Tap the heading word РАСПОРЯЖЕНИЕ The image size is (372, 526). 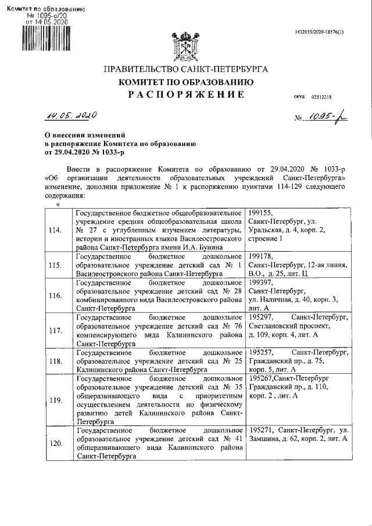[x=186, y=95]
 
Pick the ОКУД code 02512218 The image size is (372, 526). [x=321, y=97]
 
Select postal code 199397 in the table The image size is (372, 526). [x=260, y=282]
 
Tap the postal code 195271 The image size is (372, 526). [x=260, y=430]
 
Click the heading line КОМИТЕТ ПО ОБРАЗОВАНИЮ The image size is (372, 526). [x=185, y=82]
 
